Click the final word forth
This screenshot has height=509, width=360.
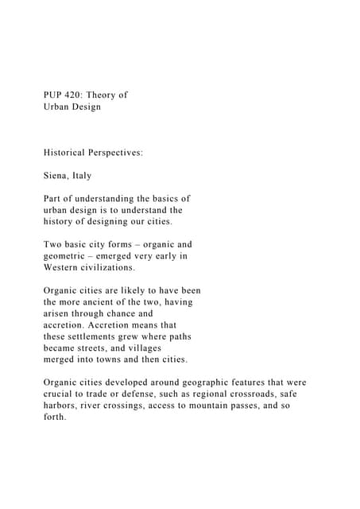(x=56, y=418)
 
